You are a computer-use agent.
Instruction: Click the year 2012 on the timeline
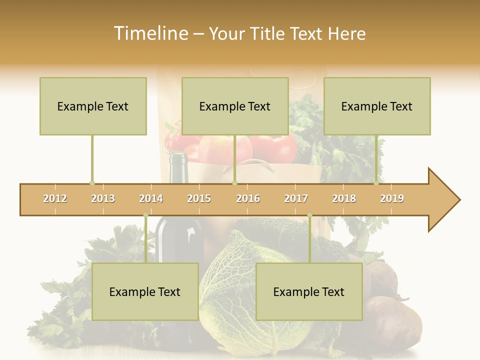click(55, 198)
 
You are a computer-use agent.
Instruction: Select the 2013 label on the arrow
click(103, 198)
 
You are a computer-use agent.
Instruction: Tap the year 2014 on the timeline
click(151, 198)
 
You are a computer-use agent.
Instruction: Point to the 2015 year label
click(199, 198)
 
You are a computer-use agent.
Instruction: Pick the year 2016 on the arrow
click(248, 198)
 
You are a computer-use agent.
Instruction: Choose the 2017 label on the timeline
click(296, 198)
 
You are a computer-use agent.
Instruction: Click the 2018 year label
click(344, 198)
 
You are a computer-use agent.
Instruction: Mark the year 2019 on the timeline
click(392, 198)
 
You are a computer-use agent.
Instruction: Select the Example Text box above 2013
click(93, 106)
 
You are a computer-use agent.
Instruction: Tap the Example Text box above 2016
click(235, 106)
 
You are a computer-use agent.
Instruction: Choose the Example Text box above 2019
click(377, 106)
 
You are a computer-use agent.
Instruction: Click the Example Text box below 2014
click(145, 292)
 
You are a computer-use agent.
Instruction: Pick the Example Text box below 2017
click(309, 292)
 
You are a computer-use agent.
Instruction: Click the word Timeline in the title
click(150, 33)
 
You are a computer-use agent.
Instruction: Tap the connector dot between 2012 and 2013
click(92, 183)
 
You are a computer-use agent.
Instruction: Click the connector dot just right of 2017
click(309, 215)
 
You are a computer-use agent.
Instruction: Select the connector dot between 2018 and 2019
click(376, 183)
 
